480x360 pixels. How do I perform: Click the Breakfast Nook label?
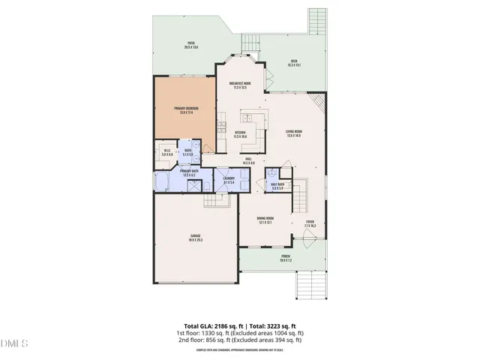point(240,85)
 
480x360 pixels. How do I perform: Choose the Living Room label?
point(293,134)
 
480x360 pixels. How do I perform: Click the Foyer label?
point(309,223)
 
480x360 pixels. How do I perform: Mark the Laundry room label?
point(229,180)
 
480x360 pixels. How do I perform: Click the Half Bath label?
point(277,187)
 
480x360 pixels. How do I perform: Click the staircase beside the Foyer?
point(300,196)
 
